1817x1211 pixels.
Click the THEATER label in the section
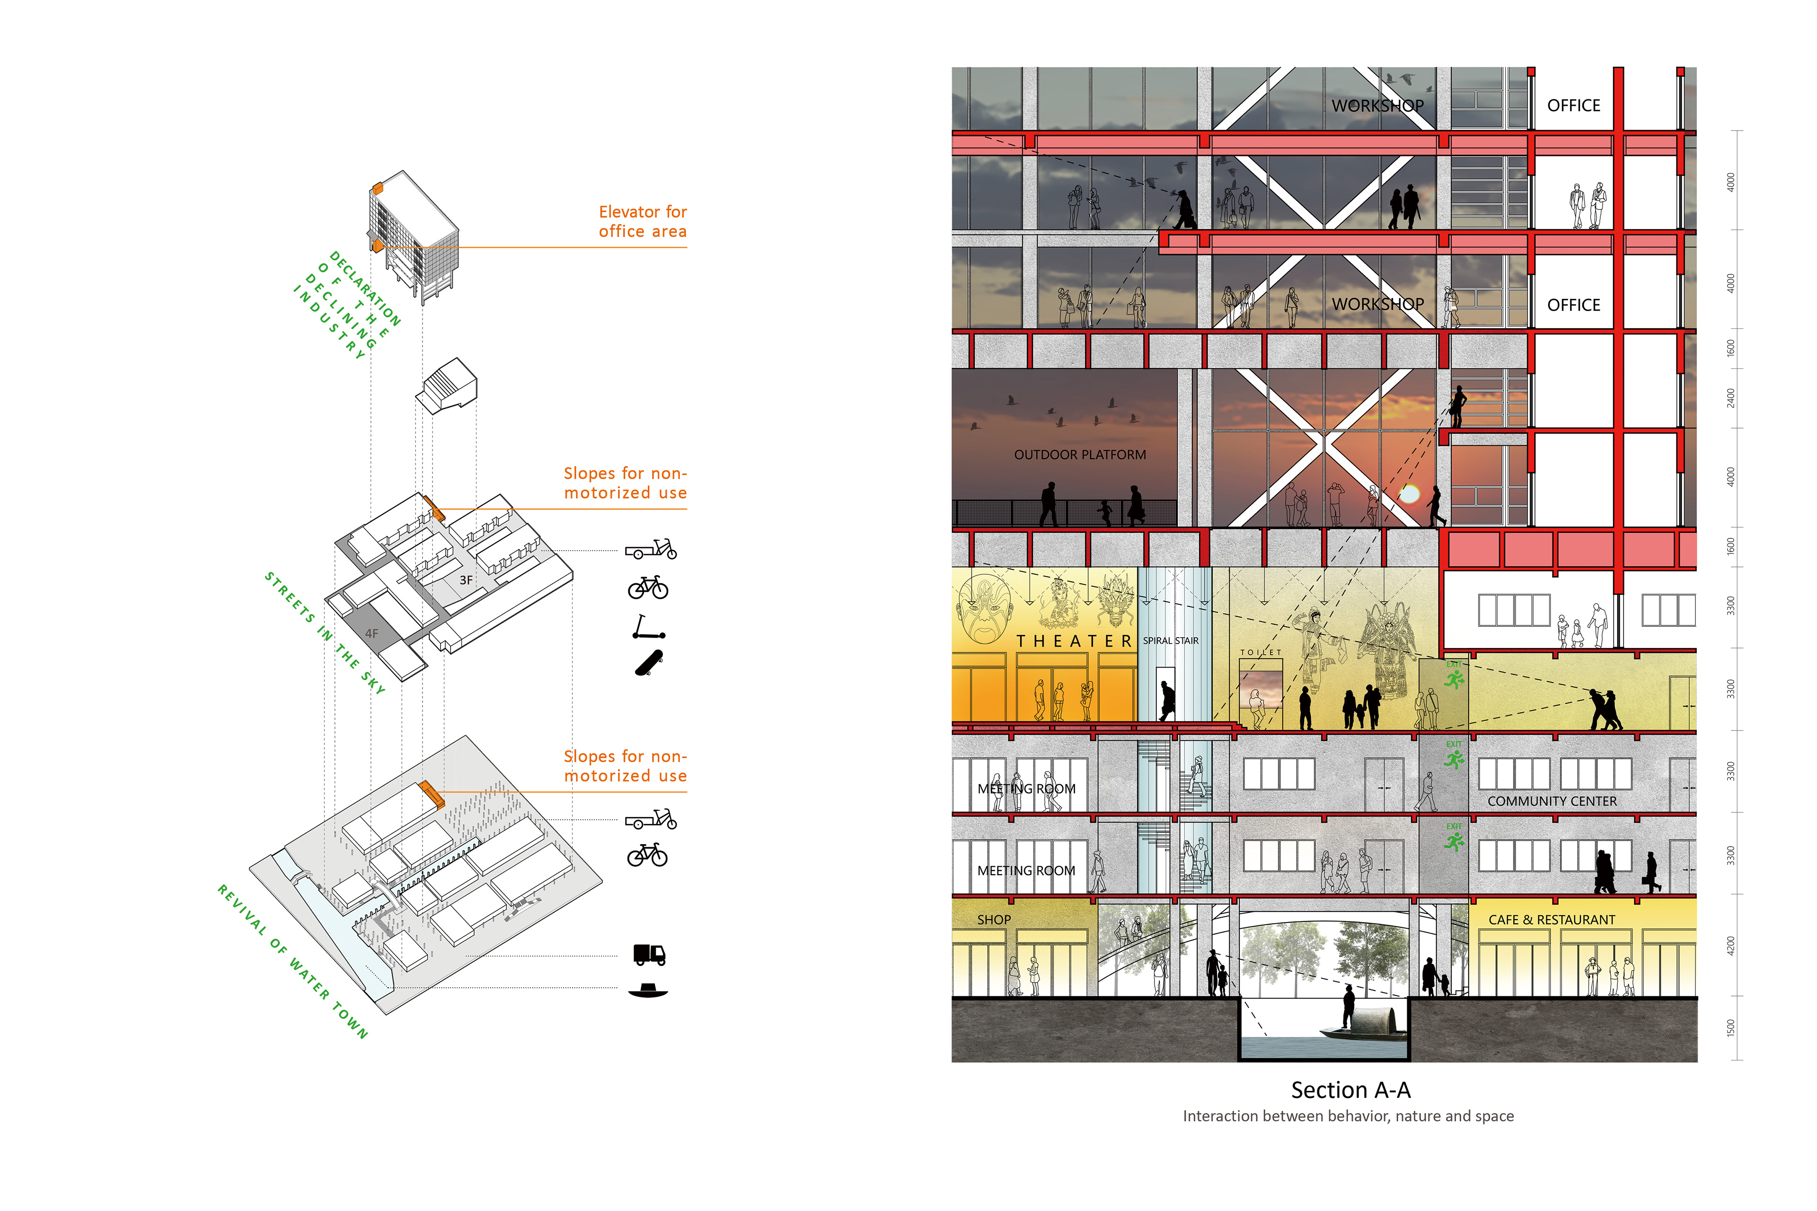(1074, 641)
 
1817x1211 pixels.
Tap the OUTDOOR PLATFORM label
(1080, 455)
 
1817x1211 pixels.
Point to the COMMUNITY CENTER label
(1552, 802)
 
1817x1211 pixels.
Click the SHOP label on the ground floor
(994, 920)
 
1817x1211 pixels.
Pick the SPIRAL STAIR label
(1170, 640)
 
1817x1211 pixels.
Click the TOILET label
(1261, 653)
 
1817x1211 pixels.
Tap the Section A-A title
(1350, 1090)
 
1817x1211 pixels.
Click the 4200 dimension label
(1730, 945)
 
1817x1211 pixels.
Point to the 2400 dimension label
(1730, 398)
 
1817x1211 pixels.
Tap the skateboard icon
(649, 663)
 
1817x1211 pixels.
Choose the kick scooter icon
(647, 627)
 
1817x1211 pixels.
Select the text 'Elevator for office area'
(642, 222)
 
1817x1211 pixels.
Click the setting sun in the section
(1409, 493)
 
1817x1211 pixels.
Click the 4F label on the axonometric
(371, 633)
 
